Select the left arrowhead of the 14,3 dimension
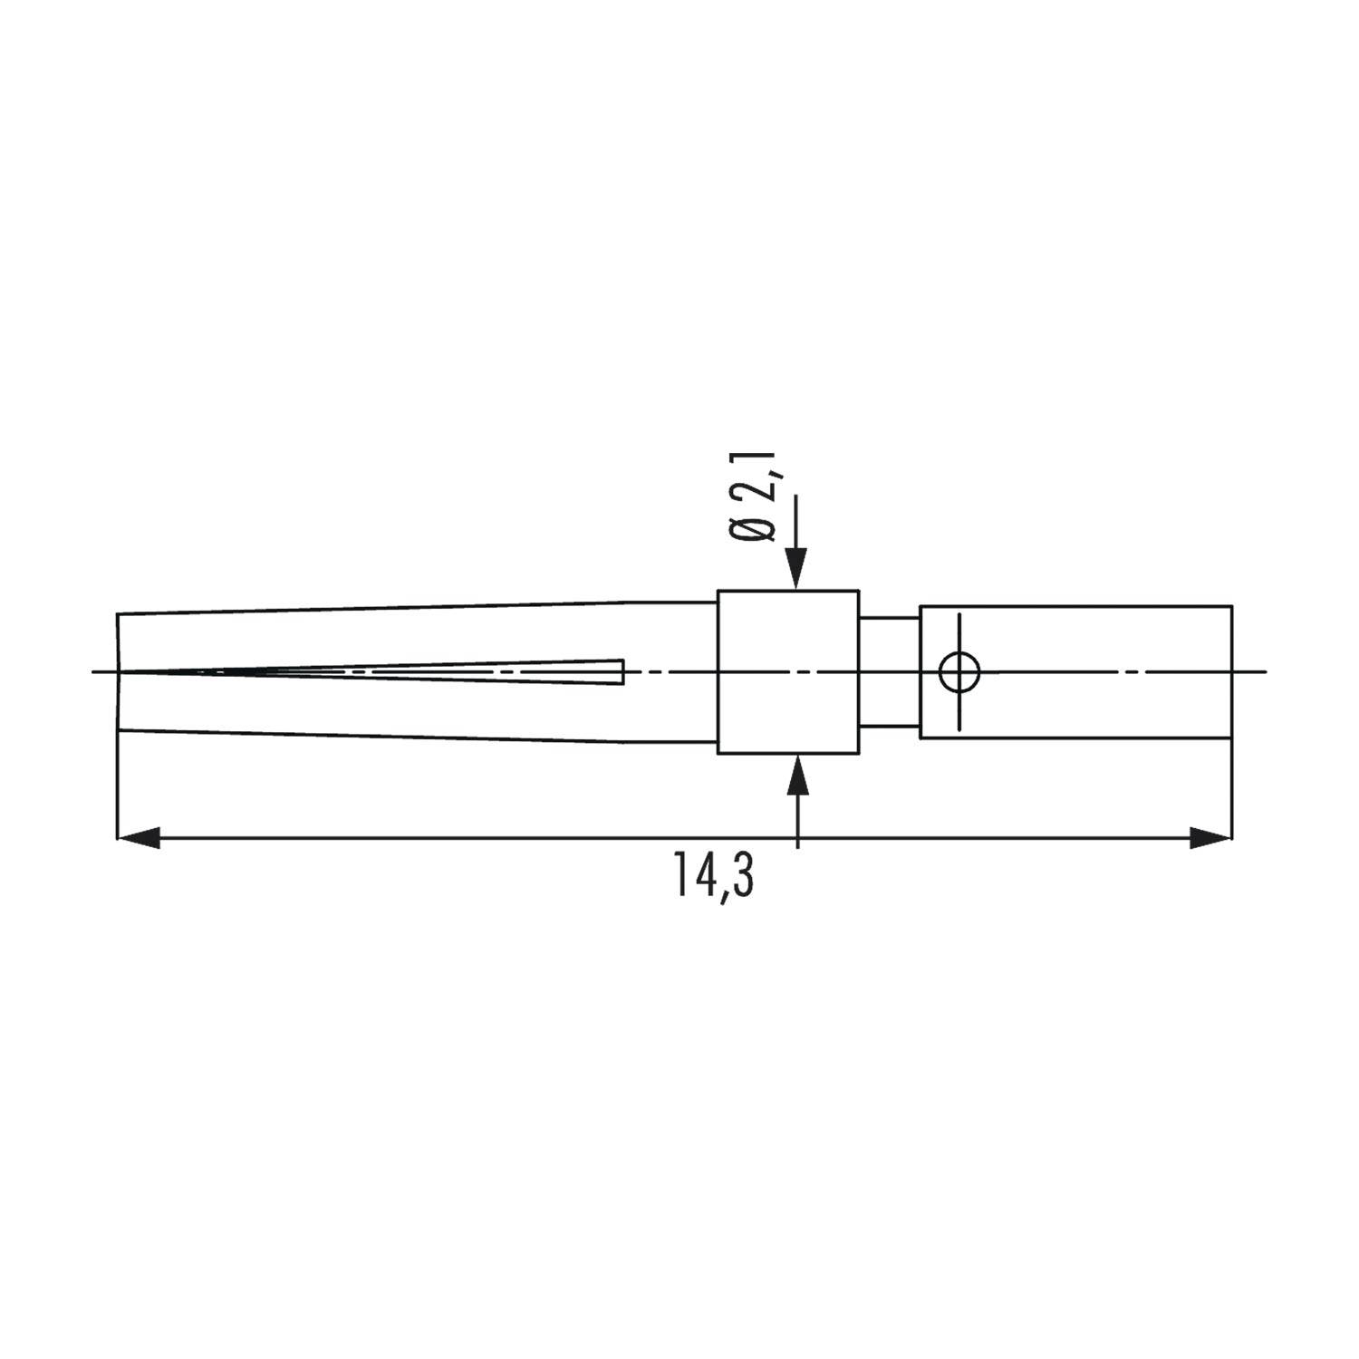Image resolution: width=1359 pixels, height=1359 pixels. tap(140, 838)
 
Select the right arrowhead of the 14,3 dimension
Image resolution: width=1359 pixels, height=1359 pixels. tap(1210, 838)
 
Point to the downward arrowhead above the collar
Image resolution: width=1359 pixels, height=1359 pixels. tap(795, 571)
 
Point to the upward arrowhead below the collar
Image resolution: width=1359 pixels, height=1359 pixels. tap(797, 773)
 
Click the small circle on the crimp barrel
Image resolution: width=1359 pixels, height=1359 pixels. tap(959, 672)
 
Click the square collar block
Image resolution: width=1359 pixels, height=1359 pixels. tap(787, 672)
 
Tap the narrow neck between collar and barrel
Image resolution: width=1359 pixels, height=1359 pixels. tap(889, 672)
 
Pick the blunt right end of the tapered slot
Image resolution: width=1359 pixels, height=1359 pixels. tap(622, 672)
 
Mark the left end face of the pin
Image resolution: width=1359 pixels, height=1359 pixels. tap(118, 672)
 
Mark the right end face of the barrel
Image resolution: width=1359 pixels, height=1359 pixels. tap(1231, 672)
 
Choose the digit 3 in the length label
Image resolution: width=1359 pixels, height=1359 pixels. tap(743, 873)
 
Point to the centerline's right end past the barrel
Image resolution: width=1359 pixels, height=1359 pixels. tap(1262, 672)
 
